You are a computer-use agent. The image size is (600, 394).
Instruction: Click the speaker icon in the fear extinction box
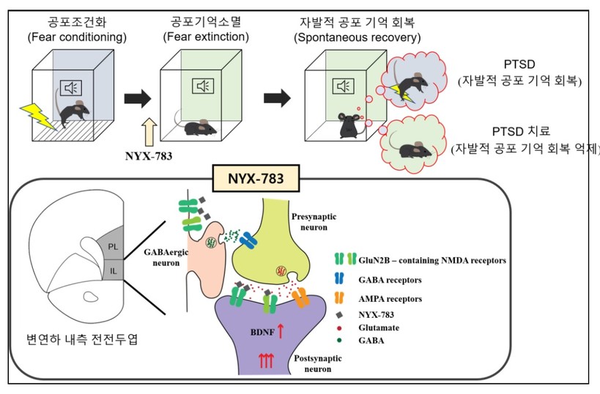point(203,86)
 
